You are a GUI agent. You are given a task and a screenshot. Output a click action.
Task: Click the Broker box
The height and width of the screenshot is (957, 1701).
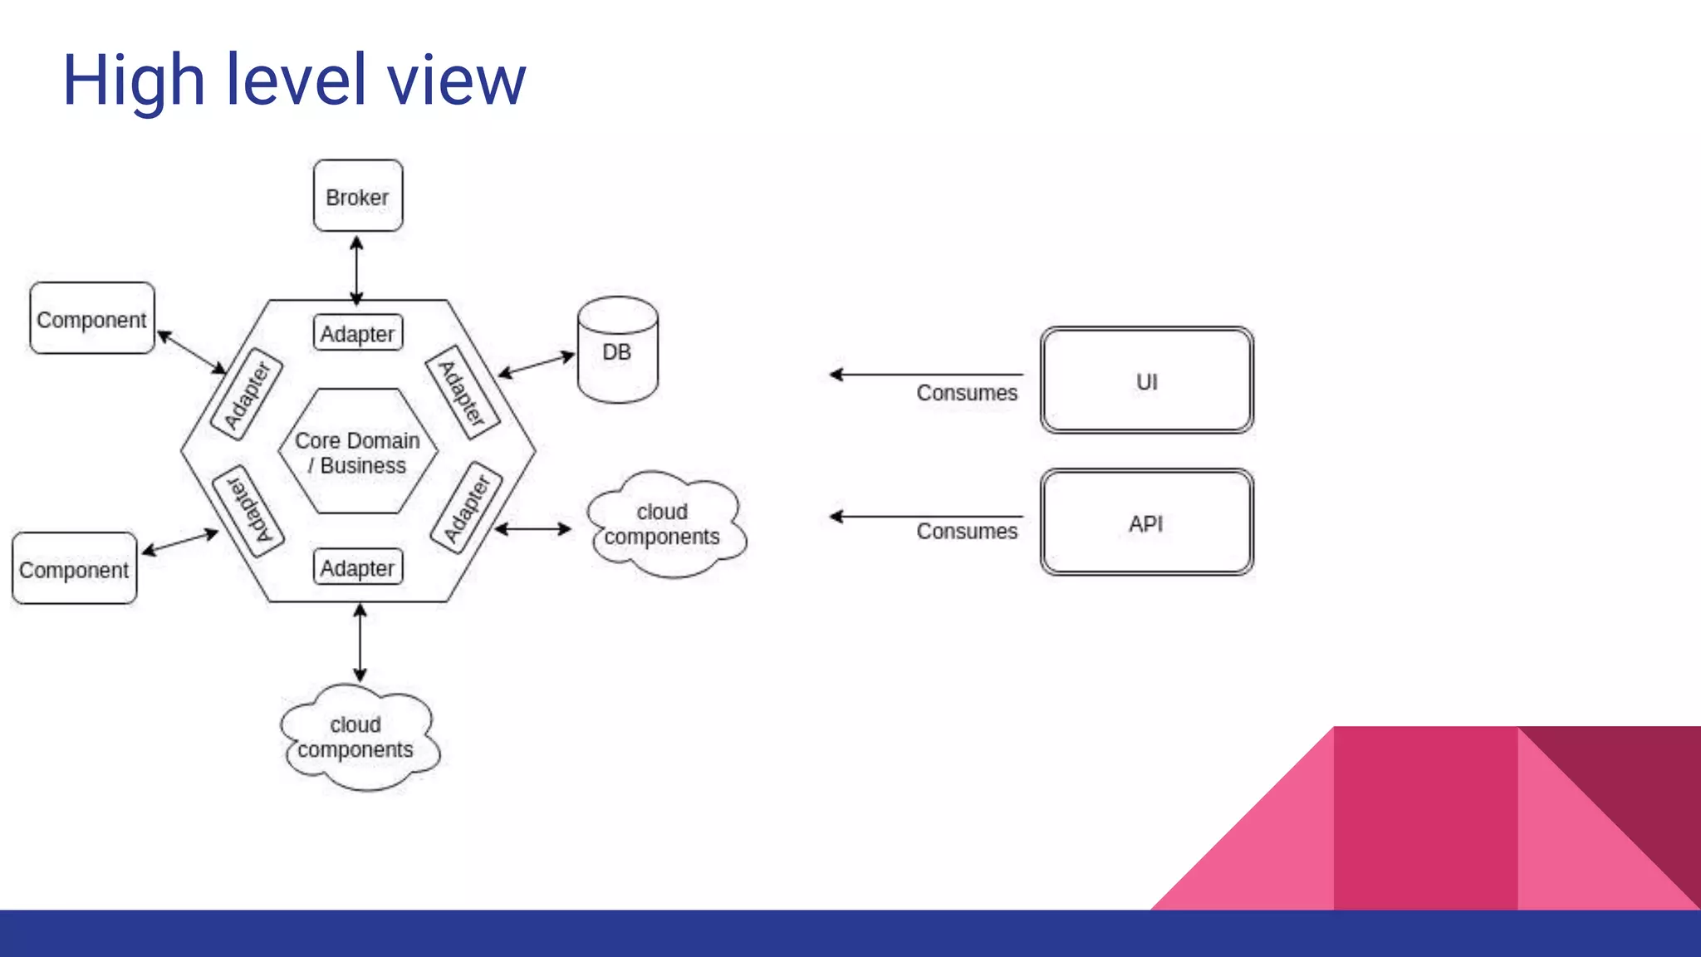(x=358, y=196)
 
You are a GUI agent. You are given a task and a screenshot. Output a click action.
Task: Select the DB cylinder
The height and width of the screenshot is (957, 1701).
(x=617, y=351)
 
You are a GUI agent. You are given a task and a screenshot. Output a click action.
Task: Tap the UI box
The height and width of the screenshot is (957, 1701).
(x=1146, y=380)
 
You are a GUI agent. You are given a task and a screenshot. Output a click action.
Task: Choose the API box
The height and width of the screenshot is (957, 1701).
(x=1146, y=523)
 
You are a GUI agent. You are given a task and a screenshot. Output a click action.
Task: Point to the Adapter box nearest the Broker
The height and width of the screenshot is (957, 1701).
(x=358, y=333)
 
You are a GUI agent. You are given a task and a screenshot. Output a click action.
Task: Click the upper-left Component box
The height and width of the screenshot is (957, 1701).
(x=91, y=319)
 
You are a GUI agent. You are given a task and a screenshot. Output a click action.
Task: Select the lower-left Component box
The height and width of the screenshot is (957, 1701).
(x=74, y=569)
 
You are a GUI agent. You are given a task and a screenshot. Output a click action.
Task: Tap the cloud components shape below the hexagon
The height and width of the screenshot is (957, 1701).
(x=357, y=737)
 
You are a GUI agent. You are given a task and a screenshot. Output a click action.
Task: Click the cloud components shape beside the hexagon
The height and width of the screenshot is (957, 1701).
(x=664, y=524)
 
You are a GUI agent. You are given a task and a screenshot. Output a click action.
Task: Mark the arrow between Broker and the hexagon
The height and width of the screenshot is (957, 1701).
(x=357, y=269)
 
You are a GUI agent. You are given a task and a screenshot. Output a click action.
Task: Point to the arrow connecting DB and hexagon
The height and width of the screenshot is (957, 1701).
(x=537, y=366)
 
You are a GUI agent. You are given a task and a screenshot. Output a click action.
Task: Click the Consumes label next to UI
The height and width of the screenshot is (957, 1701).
(x=967, y=393)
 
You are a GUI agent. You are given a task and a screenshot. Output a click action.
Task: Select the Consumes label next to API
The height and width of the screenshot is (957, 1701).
(x=967, y=532)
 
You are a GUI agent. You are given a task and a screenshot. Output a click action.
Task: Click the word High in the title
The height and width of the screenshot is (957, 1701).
(x=134, y=81)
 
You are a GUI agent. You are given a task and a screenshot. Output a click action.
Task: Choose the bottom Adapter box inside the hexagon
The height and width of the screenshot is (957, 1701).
(x=358, y=568)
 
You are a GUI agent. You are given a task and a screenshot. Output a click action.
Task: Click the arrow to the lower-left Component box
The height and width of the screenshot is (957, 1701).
(x=180, y=542)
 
